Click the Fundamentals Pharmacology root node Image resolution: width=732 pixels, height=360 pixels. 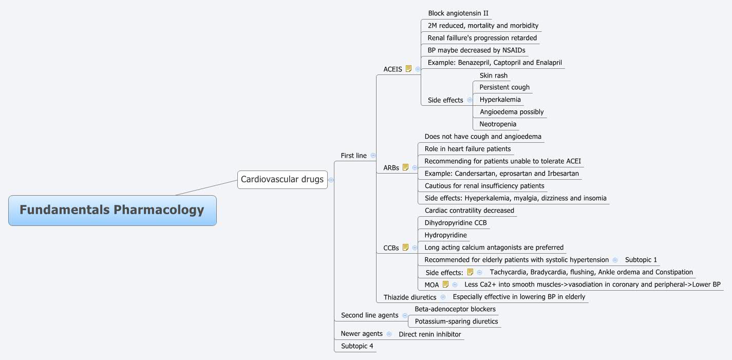tap(112, 210)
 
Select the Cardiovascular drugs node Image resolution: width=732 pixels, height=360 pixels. tap(282, 179)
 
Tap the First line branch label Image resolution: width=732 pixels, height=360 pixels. tap(353, 155)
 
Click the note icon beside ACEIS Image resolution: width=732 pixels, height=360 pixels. tap(409, 69)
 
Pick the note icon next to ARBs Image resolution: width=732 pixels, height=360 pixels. tap(406, 167)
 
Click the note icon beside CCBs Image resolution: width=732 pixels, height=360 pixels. tap(406, 248)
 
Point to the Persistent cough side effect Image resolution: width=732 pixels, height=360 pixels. tap(504, 87)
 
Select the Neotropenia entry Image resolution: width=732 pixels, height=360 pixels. tap(497, 124)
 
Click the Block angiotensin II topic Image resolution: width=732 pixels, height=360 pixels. tap(458, 13)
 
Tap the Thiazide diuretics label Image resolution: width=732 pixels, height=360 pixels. tap(409, 297)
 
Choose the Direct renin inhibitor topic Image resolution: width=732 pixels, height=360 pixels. tap(429, 334)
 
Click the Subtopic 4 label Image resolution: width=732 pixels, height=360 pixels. tap(357, 346)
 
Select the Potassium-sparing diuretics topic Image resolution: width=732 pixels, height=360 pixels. tap(456, 321)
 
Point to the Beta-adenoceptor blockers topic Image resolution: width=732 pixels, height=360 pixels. tap(455, 309)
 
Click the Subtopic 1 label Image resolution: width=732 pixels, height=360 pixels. tap(641, 260)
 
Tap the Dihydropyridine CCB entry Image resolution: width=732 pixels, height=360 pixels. tap(455, 223)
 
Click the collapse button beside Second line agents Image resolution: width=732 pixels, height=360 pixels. tap(405, 315)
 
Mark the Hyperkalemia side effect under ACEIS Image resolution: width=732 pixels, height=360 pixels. tap(500, 100)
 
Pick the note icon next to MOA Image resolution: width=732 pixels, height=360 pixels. tap(445, 285)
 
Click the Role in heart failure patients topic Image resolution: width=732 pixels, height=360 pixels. tap(467, 149)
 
